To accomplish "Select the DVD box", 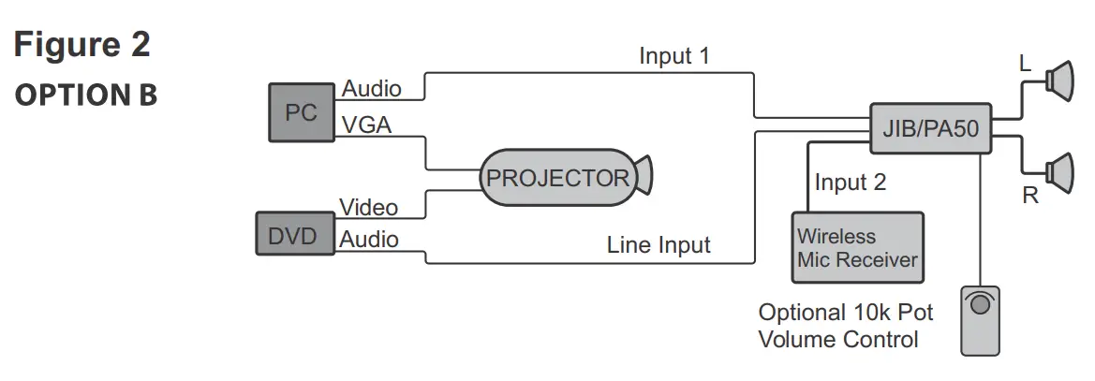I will pos(293,234).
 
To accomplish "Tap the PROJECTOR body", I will pos(557,178).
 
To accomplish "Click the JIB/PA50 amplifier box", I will pos(930,129).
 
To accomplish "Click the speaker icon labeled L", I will pos(1062,81).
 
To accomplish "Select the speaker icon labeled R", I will pos(1062,171).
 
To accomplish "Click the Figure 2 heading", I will pos(82,45).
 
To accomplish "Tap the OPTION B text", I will pos(85,95).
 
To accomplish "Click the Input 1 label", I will pos(674,56).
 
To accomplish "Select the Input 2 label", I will pos(850,182).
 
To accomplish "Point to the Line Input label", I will pos(658,245).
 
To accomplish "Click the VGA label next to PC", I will pos(366,124).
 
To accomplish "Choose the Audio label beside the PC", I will pos(372,89).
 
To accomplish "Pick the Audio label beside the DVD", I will pos(369,240).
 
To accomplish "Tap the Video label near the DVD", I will pos(368,207).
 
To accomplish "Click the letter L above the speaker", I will pos(1025,64).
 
